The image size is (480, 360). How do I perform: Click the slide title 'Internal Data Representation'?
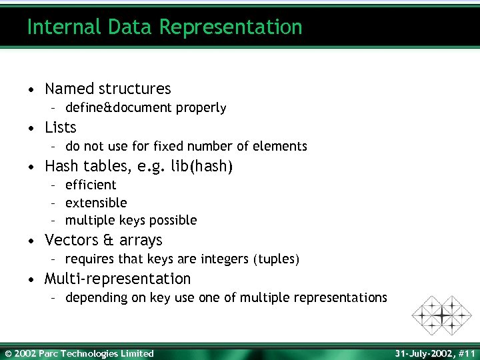coord(165,27)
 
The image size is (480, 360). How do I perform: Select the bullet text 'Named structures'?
coord(107,89)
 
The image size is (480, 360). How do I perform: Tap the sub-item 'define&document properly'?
coord(145,108)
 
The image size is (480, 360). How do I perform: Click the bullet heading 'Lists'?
coord(61,127)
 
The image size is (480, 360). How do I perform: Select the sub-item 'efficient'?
coord(91,185)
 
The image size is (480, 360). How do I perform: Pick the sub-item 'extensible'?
coord(96,203)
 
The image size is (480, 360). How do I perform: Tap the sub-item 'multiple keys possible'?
coord(131,220)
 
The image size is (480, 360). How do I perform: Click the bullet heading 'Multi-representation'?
coord(117,279)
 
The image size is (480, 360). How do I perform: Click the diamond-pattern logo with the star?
coord(441,315)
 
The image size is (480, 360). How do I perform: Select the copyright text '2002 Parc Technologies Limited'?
coord(84,353)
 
